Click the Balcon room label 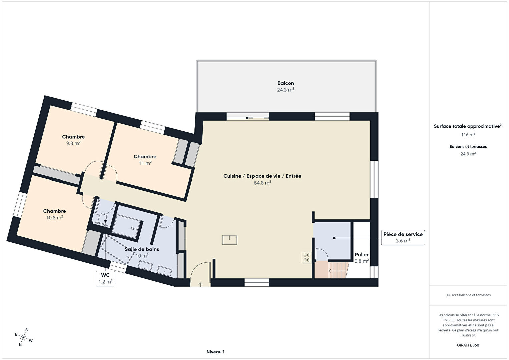(x=286, y=83)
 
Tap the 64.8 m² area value (x=262, y=183)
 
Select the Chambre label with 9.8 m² (x=73, y=137)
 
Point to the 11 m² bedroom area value (x=145, y=163)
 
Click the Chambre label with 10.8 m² (x=55, y=211)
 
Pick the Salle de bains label (x=142, y=249)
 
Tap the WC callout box (x=105, y=278)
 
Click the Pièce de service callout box (x=403, y=238)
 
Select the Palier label (x=362, y=255)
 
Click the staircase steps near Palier (x=338, y=270)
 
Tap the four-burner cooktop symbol (x=307, y=257)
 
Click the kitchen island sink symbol (x=230, y=240)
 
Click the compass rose (x=23, y=337)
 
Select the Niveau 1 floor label (x=216, y=352)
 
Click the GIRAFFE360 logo (x=468, y=345)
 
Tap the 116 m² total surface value (x=468, y=135)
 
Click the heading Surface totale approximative (x=467, y=126)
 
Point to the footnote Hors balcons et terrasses (x=468, y=295)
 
